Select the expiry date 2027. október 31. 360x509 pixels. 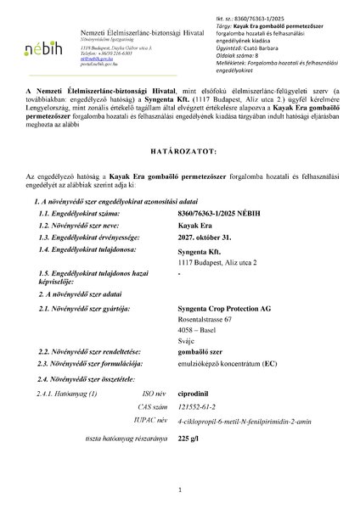click(x=209, y=239)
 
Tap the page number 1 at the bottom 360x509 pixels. click(x=180, y=490)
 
